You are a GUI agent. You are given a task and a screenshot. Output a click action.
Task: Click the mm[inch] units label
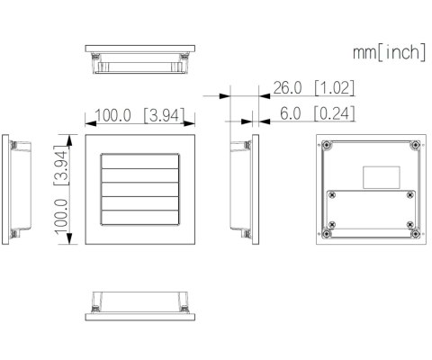click(x=389, y=53)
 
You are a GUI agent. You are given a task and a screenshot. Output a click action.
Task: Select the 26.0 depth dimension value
click(x=288, y=88)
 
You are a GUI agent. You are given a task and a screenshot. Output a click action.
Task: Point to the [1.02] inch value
click(x=334, y=88)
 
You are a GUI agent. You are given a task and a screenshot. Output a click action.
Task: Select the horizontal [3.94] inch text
click(x=159, y=116)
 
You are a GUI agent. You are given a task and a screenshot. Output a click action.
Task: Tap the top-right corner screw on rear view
click(x=414, y=144)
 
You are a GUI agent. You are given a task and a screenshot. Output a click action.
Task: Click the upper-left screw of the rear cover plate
click(x=333, y=195)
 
